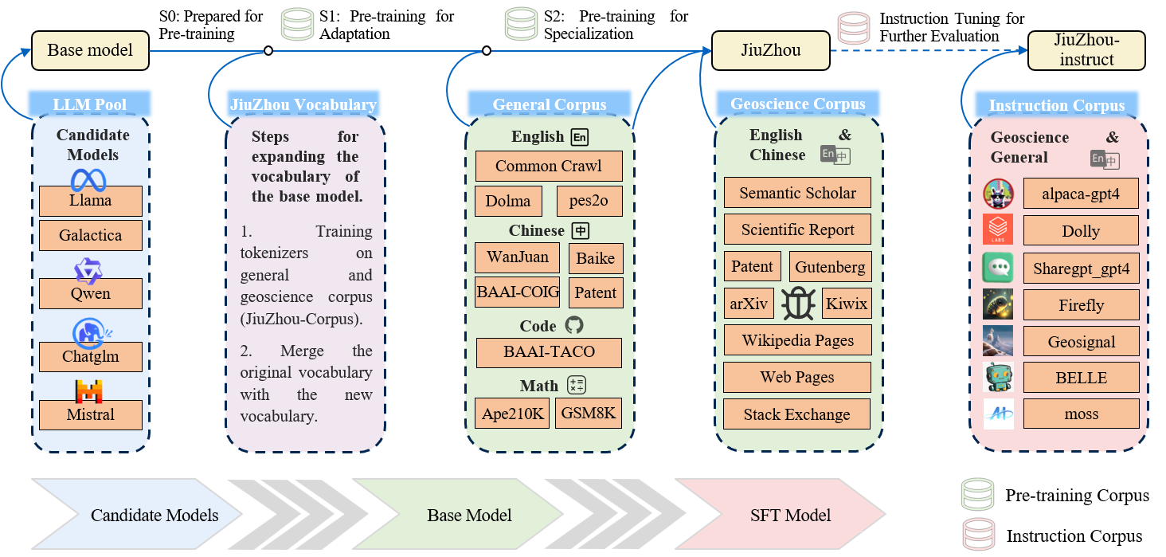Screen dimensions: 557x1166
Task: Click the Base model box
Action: (90, 50)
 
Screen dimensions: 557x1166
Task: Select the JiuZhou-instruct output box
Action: (1086, 50)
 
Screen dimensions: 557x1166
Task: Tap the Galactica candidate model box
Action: (91, 235)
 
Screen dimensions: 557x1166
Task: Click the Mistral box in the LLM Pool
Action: (91, 414)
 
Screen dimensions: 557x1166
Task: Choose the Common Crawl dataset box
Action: (549, 166)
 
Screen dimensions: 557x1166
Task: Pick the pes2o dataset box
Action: (589, 201)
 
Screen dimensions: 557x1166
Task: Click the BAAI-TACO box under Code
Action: (549, 352)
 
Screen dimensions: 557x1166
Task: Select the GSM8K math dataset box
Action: (589, 413)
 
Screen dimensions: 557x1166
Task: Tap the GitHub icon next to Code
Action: (573, 325)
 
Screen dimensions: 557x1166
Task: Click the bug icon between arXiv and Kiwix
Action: (797, 304)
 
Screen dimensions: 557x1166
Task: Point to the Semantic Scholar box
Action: (797, 193)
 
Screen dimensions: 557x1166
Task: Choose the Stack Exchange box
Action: (796, 414)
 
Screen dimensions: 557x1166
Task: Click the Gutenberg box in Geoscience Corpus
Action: (830, 267)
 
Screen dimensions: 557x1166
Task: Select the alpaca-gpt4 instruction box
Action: (1081, 193)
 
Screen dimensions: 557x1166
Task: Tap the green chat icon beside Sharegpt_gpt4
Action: (998, 268)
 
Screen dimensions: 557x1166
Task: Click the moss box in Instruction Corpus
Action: (1081, 414)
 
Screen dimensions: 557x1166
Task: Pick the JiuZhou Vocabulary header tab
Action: (303, 104)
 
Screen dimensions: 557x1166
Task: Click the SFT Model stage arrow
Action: (781, 515)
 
